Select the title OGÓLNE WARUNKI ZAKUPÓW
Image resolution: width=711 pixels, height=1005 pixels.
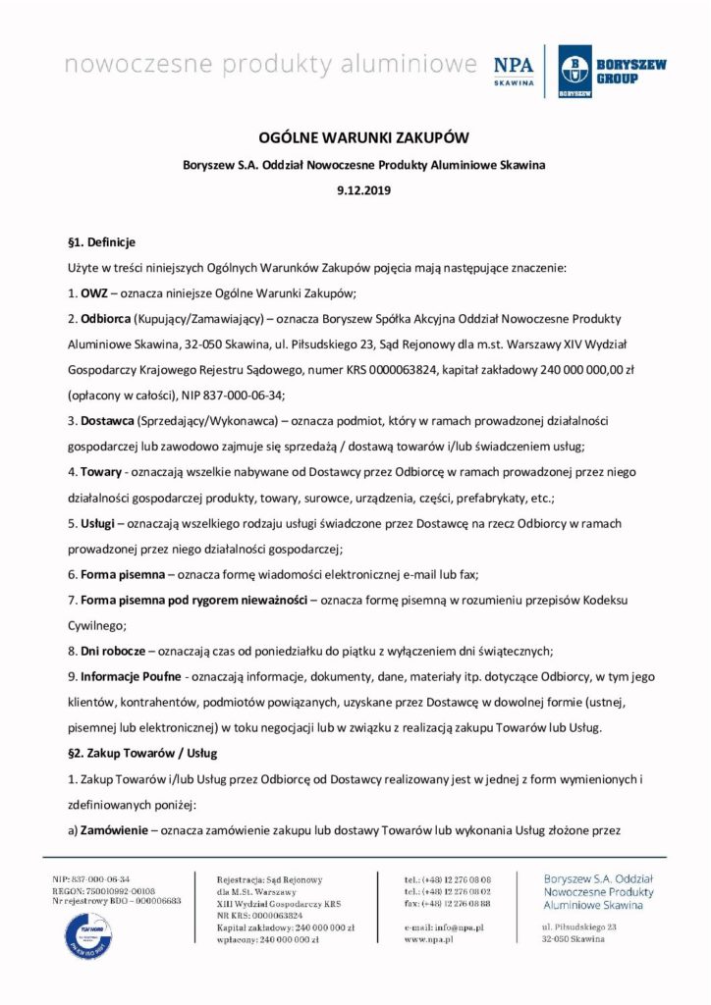click(355, 138)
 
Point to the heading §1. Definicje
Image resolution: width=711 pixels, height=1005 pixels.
click(101, 241)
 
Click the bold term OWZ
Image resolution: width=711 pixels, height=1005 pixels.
click(93, 292)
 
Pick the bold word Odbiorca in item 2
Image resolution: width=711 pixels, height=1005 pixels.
click(113, 319)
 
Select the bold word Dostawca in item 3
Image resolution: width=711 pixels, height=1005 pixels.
click(113, 421)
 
